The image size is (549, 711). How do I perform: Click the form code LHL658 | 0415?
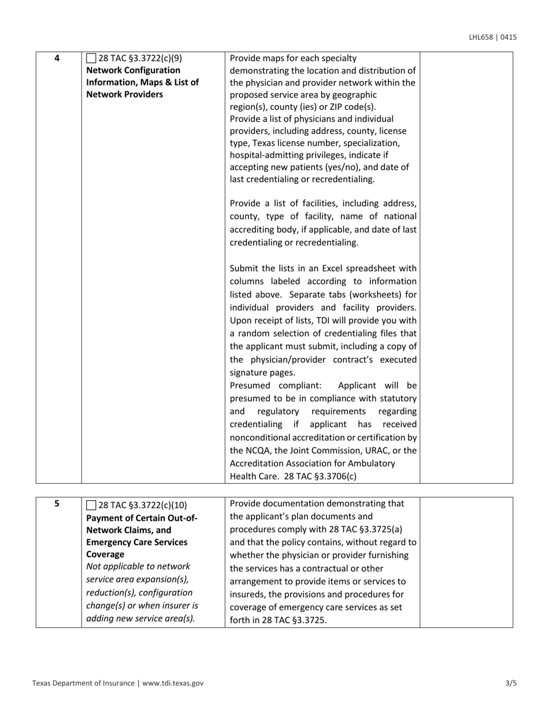point(492,38)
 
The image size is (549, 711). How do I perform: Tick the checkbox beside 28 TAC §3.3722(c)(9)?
point(91,58)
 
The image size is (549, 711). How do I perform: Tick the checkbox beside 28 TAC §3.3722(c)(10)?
point(91,505)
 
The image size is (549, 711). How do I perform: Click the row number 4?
point(57,58)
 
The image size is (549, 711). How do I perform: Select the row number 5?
point(57,503)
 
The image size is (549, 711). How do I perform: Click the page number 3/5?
point(510,683)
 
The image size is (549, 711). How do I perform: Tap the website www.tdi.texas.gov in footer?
point(173,683)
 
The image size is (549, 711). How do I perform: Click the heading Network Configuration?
point(133,70)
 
